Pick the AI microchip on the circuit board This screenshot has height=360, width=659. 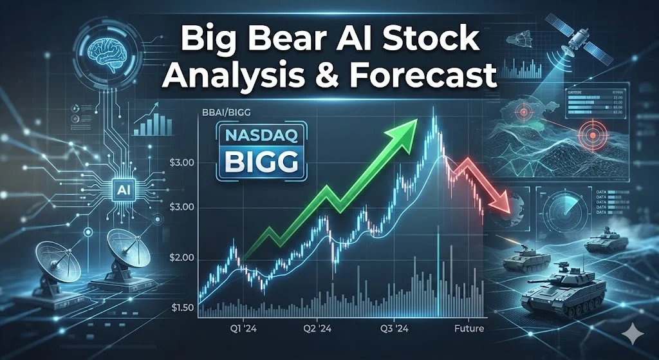tap(121, 187)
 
